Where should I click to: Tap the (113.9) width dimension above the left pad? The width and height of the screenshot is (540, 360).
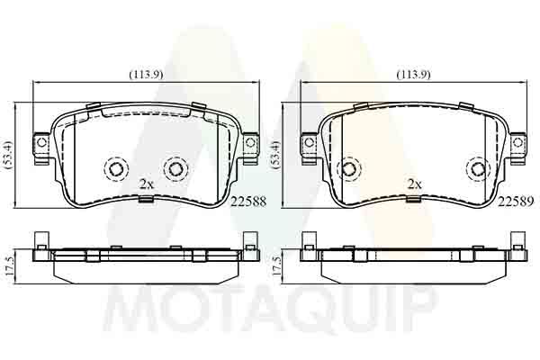click(144, 74)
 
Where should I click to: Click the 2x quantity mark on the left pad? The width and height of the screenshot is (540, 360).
click(147, 183)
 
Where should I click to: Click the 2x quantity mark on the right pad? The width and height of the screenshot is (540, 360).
click(414, 183)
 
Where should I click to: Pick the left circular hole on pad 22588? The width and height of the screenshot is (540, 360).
click(116, 168)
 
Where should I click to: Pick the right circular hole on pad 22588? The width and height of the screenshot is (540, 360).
click(175, 168)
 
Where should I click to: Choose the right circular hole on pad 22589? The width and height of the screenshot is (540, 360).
click(477, 168)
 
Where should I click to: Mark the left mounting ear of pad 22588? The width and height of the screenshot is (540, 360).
click(39, 144)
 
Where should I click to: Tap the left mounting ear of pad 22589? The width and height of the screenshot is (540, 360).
click(308, 144)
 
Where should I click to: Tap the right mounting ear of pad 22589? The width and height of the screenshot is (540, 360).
click(517, 144)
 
